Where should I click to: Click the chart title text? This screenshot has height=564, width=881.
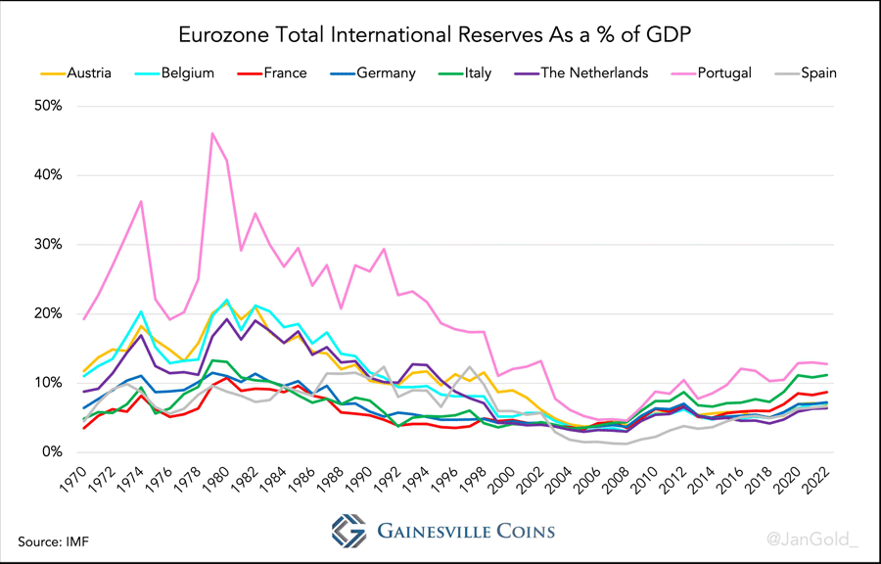[440, 35]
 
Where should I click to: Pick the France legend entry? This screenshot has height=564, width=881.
[284, 72]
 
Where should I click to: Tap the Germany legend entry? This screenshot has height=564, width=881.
[386, 72]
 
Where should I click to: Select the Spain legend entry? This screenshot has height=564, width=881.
[818, 72]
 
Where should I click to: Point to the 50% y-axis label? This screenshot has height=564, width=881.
[46, 106]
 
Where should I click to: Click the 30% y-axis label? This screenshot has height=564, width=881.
[46, 245]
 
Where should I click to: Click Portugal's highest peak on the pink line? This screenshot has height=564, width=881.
[211, 133]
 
